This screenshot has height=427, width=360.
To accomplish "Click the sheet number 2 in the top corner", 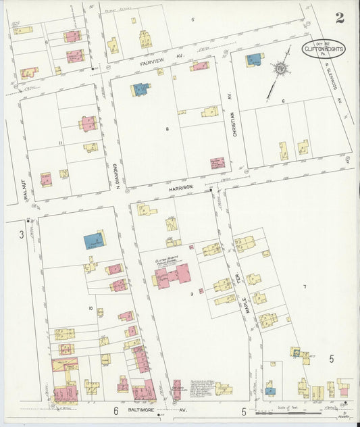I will [x=339, y=18].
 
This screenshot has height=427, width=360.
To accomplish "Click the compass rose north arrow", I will [x=278, y=70].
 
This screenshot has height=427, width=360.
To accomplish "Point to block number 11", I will [x=60, y=144].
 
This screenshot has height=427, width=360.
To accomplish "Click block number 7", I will [x=305, y=287].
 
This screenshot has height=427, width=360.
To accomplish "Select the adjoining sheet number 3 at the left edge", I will [x=22, y=234].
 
